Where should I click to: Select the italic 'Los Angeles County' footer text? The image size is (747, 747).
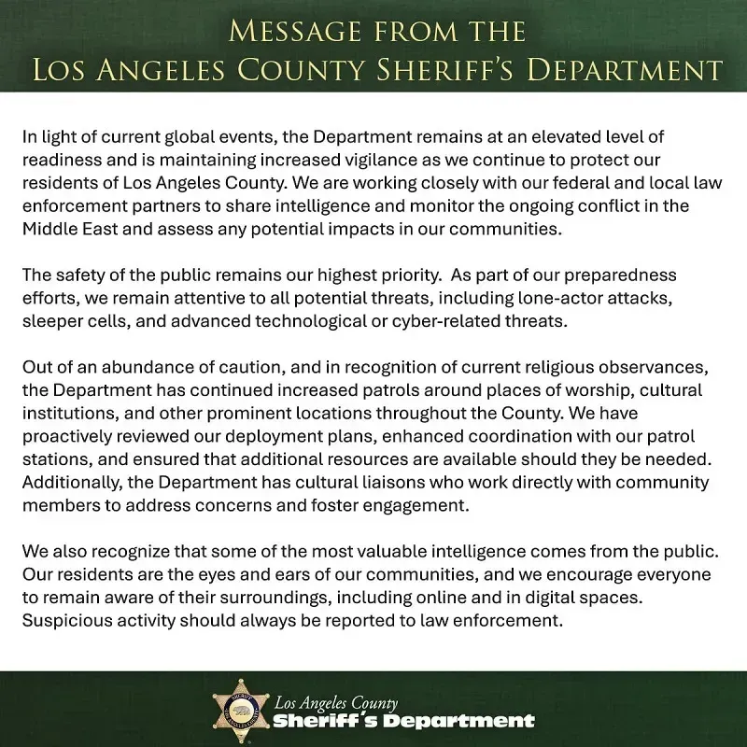336,702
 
